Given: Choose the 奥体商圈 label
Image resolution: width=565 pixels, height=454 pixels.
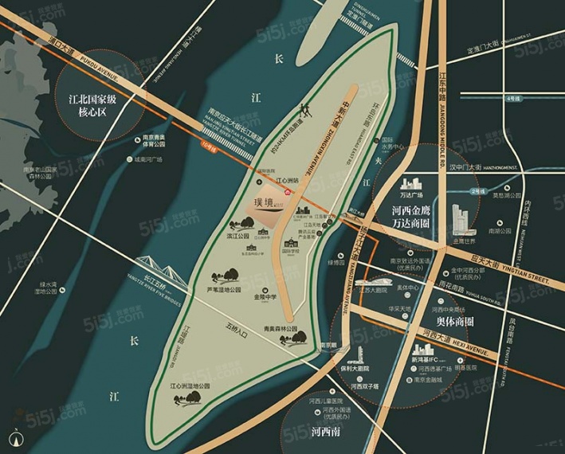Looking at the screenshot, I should coord(449,323).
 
